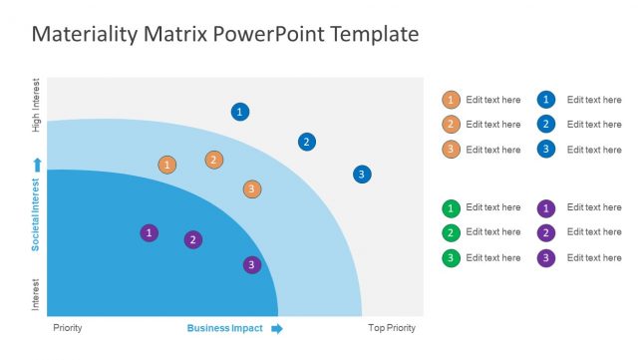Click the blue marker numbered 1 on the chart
coord(239,112)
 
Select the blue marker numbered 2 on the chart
coord(307,142)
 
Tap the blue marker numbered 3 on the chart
coord(362,175)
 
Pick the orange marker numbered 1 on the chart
coord(167,165)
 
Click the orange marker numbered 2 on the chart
coord(214,160)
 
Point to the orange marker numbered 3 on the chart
coord(252,188)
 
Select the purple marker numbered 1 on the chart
coord(149,232)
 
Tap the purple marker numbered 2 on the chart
coord(193,239)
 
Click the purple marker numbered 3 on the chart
coord(252,264)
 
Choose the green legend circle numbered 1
coord(451,208)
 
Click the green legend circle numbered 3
coord(451,258)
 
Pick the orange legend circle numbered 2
coord(451,125)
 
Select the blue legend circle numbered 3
coord(546,150)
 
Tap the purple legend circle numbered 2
coord(546,232)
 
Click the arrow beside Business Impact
coord(277,328)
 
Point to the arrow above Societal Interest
coord(37,164)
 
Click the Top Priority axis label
coord(391,328)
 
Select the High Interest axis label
coord(37,106)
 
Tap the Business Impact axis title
coord(224,328)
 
